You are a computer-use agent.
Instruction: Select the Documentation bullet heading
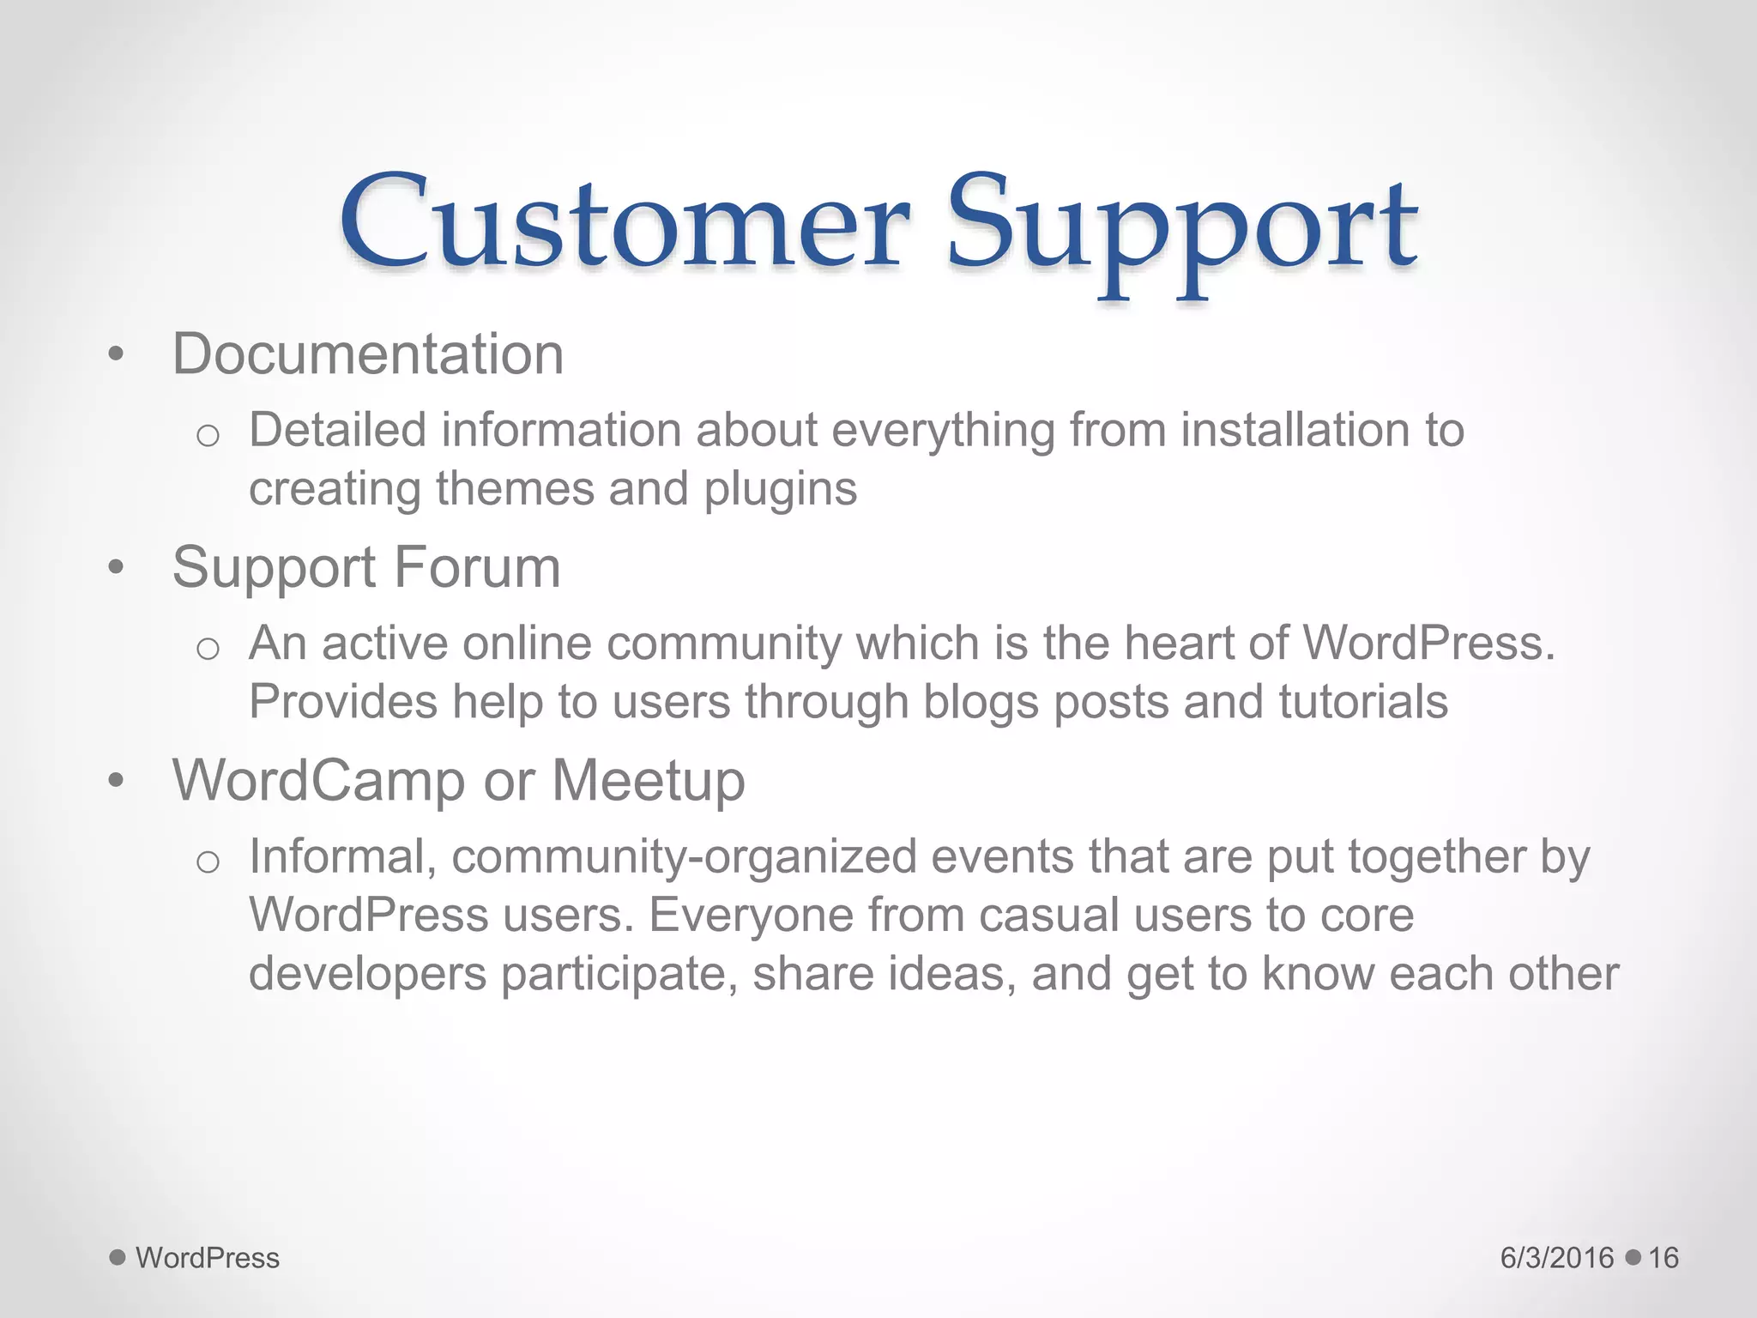(x=367, y=354)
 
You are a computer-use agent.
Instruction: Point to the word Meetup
(x=648, y=782)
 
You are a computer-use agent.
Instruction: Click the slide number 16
(x=1663, y=1258)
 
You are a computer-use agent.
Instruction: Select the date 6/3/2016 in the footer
(x=1556, y=1258)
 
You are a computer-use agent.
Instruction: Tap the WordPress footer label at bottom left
(x=208, y=1258)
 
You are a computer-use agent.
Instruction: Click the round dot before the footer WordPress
(x=118, y=1257)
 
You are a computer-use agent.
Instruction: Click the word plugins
(x=780, y=489)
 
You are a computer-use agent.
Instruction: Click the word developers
(x=367, y=974)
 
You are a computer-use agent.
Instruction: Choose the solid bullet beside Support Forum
(x=117, y=567)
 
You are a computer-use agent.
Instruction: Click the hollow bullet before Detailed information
(x=208, y=436)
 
